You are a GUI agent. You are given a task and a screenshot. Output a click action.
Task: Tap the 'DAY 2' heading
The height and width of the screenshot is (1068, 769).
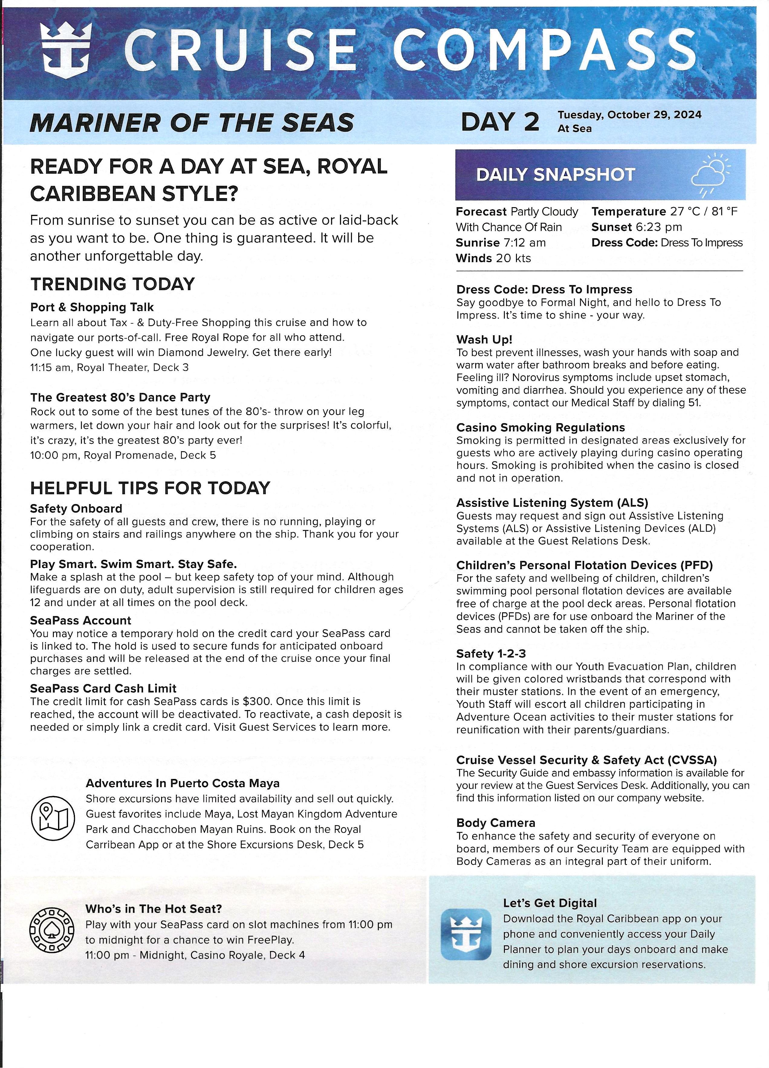pyautogui.click(x=499, y=122)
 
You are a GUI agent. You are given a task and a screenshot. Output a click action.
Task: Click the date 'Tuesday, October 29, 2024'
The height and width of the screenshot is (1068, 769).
pyautogui.click(x=629, y=115)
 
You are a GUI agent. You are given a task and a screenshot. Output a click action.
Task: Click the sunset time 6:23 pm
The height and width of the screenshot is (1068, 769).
pyautogui.click(x=658, y=227)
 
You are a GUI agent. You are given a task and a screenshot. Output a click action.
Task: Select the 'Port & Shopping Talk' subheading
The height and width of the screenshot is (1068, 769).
pyautogui.click(x=92, y=307)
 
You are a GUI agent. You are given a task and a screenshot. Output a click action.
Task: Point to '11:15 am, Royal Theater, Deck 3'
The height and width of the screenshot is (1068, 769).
pyautogui.click(x=109, y=367)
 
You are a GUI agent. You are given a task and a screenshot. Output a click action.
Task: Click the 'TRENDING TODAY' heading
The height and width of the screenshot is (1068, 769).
pyautogui.click(x=112, y=284)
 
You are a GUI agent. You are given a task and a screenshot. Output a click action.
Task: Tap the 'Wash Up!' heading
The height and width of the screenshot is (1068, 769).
pyautogui.click(x=484, y=339)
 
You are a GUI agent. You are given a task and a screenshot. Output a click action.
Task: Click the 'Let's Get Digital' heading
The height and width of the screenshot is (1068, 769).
pyautogui.click(x=550, y=903)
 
